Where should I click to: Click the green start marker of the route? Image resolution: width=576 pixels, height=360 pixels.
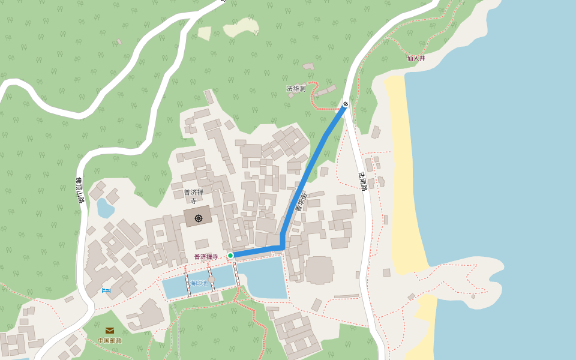(230, 256)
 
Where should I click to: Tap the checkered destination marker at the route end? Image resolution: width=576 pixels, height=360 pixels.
(346, 105)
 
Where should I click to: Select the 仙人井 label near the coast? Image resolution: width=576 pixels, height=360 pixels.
(416, 58)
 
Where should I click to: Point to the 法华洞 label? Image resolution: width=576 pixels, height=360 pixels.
(296, 88)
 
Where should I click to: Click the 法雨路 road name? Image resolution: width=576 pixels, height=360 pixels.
(362, 181)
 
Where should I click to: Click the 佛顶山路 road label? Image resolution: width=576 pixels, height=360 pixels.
(79, 190)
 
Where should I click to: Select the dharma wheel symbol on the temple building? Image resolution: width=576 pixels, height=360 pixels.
(199, 218)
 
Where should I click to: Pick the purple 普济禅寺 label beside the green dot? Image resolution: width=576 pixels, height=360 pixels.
(206, 256)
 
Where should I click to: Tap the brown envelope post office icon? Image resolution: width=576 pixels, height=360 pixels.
(110, 331)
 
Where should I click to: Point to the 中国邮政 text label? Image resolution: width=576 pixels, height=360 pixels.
(110, 340)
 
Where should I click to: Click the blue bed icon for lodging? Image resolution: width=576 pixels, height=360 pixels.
(106, 290)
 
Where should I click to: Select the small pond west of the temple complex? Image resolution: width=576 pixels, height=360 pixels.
(105, 208)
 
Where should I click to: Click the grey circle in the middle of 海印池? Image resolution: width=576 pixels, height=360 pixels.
(211, 279)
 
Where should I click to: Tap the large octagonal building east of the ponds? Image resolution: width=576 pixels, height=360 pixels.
(319, 270)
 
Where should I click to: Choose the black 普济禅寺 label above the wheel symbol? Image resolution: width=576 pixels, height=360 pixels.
(194, 196)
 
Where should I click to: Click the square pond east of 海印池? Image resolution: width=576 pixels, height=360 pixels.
(263, 277)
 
